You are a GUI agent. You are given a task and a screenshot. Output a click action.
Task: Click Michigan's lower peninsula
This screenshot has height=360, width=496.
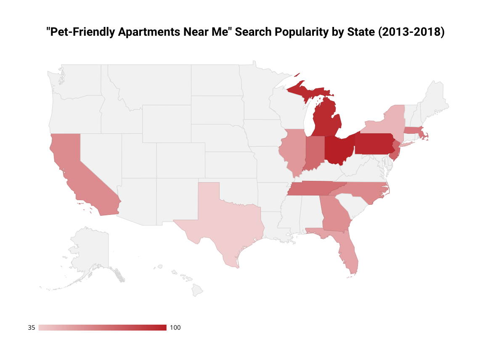coord(326,119)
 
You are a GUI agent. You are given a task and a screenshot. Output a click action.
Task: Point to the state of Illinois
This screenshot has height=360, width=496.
coord(293,153)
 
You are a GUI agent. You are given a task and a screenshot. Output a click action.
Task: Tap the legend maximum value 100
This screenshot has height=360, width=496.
coord(175,328)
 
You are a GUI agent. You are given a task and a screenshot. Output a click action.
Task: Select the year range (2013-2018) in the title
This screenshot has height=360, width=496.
coord(411,32)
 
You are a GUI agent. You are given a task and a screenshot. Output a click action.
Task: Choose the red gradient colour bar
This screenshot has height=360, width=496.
coord(102,328)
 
